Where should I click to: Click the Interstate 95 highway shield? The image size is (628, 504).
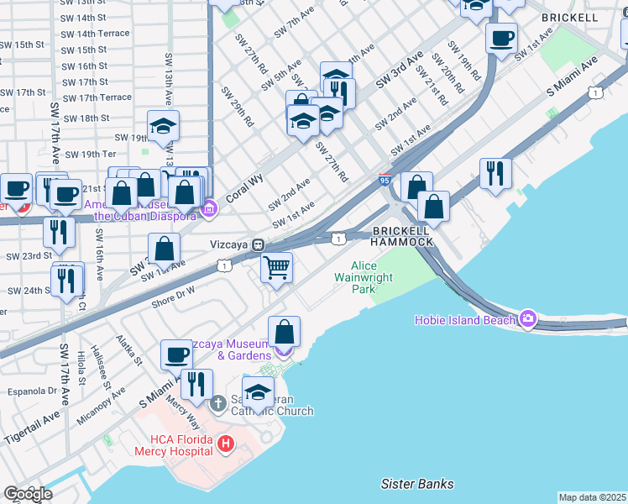click(x=385, y=179)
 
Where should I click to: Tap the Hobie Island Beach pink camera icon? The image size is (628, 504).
click(x=527, y=318)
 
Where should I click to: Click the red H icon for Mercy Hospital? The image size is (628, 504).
click(x=224, y=443)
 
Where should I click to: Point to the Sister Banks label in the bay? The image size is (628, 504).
click(x=417, y=484)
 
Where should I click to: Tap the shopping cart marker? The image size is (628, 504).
click(x=276, y=269)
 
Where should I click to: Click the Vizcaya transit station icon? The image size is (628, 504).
click(x=259, y=244)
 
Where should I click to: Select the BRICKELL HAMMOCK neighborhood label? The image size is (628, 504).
click(x=402, y=236)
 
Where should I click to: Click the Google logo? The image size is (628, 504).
click(x=28, y=493)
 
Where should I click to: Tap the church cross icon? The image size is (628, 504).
click(x=217, y=404)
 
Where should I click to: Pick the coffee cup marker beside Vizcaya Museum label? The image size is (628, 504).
click(x=175, y=354)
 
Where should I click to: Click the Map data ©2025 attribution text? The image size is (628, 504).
click(x=591, y=497)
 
